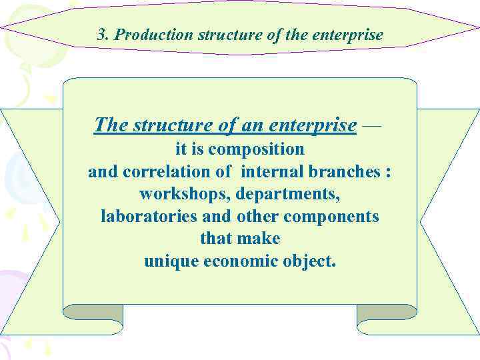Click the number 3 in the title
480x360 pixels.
101,35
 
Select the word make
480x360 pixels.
259,239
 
